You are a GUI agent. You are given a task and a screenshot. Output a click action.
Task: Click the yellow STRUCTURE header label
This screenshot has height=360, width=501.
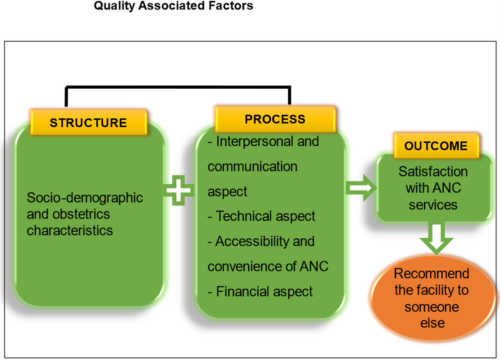tap(89, 122)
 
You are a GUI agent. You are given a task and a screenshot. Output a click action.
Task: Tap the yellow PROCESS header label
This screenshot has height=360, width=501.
tap(275, 119)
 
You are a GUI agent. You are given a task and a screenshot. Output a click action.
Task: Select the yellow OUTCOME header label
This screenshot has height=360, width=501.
tap(436, 146)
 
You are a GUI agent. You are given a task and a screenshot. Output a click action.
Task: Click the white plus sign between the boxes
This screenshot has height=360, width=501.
tap(178, 190)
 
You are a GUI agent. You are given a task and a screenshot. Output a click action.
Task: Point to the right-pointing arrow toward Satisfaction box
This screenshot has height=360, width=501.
tap(360, 188)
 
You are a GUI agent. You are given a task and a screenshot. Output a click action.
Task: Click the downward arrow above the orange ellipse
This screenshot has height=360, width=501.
tap(436, 239)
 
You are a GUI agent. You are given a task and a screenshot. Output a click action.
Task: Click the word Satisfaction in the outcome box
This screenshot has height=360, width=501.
tap(433, 172)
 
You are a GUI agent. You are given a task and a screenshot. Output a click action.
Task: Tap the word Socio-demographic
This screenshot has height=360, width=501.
tap(85, 198)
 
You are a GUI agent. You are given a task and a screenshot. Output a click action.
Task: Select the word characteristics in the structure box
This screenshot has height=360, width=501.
tap(70, 230)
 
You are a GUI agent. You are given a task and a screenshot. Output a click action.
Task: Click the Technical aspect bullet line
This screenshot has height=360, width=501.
tap(261, 216)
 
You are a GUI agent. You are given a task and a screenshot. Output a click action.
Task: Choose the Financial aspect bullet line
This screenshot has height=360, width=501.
tap(260, 291)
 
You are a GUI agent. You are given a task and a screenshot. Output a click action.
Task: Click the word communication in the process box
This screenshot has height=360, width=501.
tap(253, 166)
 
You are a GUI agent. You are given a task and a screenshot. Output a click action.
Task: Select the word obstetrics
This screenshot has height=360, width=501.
tap(81, 214)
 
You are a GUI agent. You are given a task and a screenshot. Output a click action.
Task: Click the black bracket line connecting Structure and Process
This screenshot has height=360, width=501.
tap(178, 87)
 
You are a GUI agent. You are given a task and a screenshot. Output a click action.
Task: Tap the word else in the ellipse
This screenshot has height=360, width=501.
tap(432, 323)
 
